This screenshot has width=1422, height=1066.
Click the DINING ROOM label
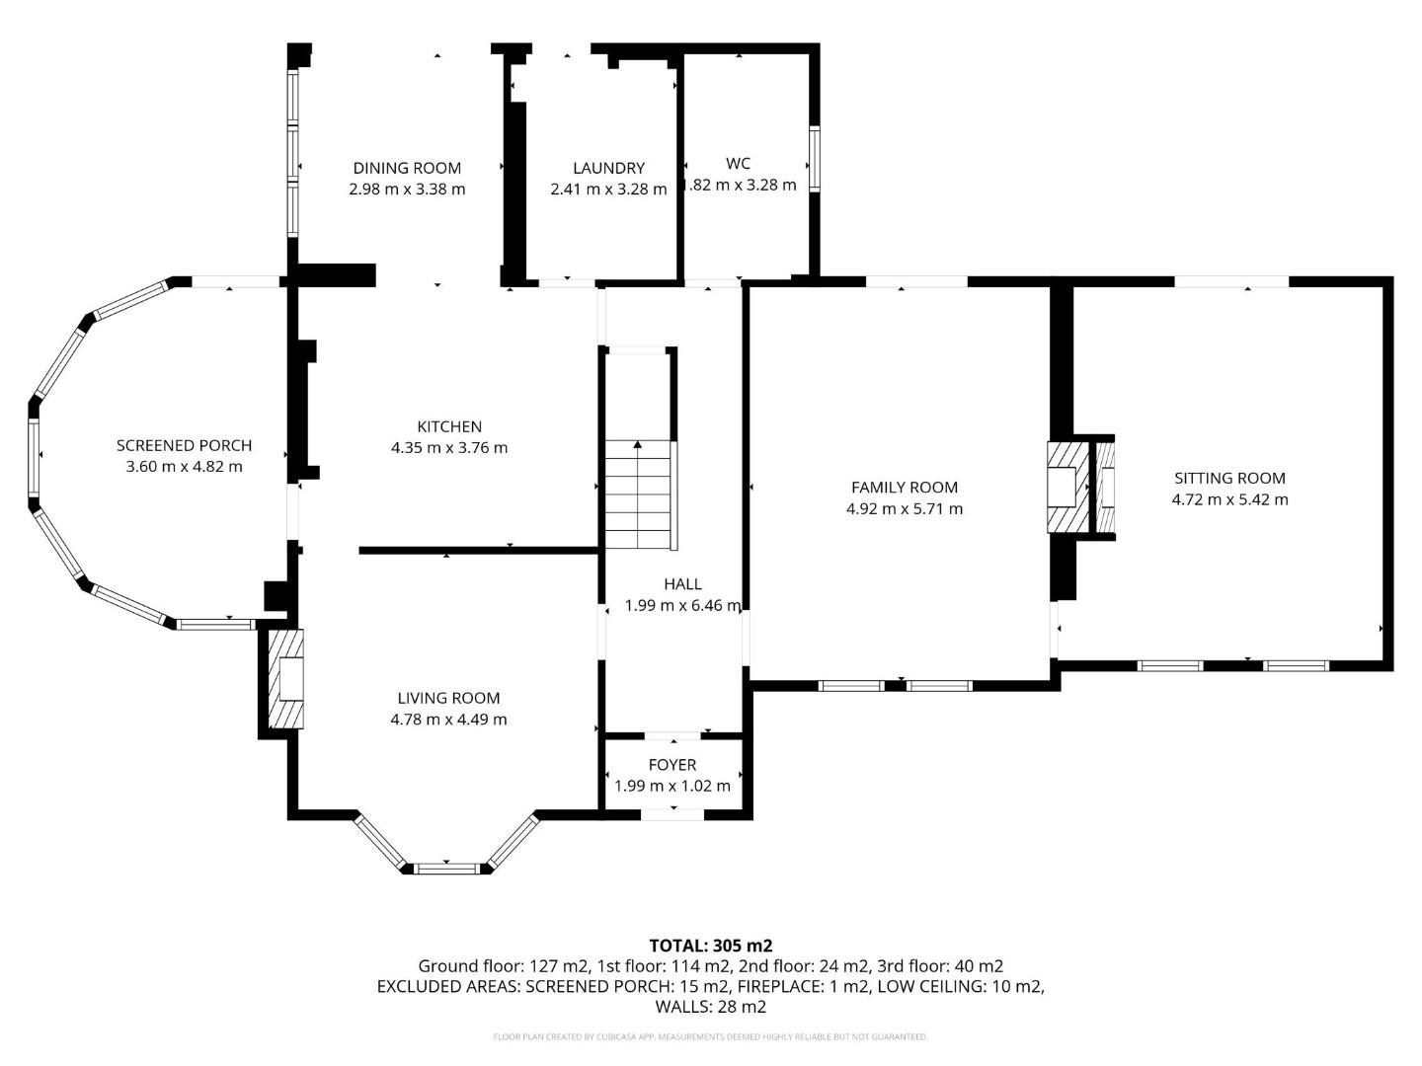point(407,168)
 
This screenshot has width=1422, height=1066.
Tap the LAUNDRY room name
point(608,168)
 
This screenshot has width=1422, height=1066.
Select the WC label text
point(738,163)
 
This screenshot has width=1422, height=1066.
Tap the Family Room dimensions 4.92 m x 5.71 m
point(904,509)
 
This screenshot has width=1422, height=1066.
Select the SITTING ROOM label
point(1229,478)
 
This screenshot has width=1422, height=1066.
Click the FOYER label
point(672,765)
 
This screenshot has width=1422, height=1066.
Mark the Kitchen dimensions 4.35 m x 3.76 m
point(449,447)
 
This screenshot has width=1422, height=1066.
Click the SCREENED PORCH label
point(184,445)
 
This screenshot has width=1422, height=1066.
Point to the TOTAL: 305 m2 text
point(710,945)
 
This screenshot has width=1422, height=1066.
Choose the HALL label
point(682,584)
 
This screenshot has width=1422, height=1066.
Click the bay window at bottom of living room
point(446,868)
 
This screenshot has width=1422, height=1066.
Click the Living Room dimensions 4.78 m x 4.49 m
point(448,720)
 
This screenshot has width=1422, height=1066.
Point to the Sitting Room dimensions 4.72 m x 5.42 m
point(1229,499)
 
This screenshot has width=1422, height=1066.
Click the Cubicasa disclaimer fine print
point(710,1036)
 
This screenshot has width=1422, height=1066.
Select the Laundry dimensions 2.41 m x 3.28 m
point(608,189)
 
